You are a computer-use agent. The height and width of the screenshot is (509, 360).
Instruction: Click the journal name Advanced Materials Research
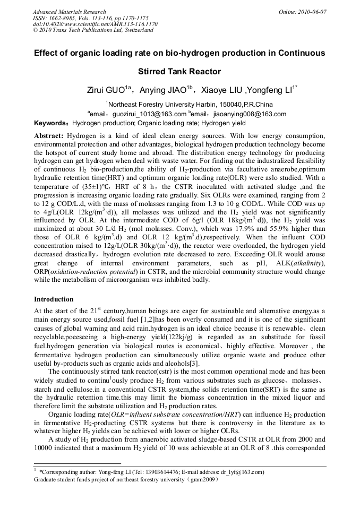coord(69,12)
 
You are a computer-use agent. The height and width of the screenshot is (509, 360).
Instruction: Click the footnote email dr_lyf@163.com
coord(242,472)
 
